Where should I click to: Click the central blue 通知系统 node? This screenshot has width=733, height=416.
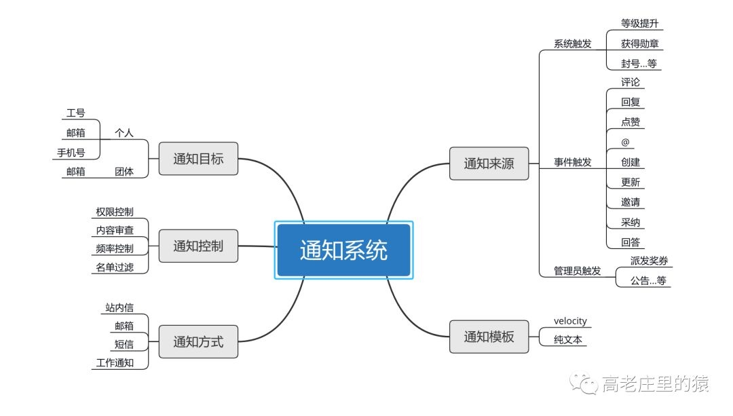tap(343, 250)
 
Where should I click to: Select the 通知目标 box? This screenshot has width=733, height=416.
tap(198, 159)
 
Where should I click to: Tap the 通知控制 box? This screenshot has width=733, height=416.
tap(198, 246)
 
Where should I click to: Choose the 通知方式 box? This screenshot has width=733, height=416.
tap(198, 341)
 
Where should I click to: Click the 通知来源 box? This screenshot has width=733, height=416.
tap(489, 163)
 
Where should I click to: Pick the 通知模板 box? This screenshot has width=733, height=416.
tap(489, 337)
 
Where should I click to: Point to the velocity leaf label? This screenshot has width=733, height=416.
tap(570, 321)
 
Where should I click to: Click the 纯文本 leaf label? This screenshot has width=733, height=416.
tap(568, 340)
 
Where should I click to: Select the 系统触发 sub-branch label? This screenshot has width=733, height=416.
tap(572, 43)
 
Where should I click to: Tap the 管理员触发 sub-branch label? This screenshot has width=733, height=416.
tap(577, 270)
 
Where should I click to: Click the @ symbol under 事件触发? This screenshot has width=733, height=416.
tap(625, 142)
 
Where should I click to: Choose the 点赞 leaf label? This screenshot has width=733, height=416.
tap(631, 122)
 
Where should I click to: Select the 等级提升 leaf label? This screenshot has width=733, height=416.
tap(639, 24)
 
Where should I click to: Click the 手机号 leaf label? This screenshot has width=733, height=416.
tap(71, 152)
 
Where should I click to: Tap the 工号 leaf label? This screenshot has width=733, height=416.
tap(75, 113)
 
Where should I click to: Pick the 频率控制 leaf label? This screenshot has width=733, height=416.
tap(115, 248)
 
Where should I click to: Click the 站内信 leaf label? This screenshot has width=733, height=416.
tap(119, 307)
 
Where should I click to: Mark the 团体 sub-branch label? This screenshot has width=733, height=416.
tap(124, 171)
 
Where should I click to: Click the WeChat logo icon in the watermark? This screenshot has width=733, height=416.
tap(584, 385)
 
